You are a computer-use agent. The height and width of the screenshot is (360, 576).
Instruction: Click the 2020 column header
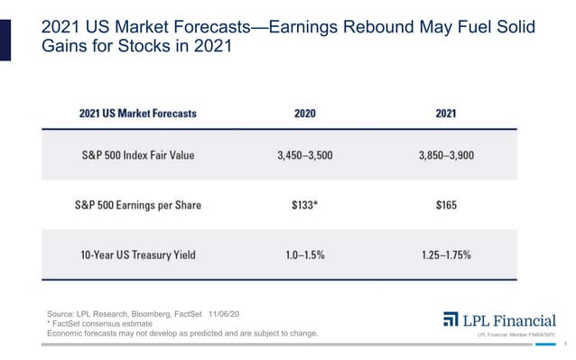click(304, 114)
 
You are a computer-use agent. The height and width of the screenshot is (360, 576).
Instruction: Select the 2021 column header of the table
click(445, 114)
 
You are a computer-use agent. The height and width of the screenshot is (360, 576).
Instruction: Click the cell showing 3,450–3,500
click(304, 155)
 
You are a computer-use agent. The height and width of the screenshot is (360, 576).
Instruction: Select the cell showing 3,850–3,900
click(445, 155)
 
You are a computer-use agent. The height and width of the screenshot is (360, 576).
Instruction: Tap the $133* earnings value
click(304, 205)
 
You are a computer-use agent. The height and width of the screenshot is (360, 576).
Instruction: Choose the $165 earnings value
click(445, 205)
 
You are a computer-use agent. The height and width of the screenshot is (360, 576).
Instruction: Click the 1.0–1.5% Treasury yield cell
click(304, 254)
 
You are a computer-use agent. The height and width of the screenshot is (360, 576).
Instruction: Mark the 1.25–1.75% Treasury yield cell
click(445, 254)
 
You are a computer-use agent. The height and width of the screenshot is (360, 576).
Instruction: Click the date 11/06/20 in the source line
click(230, 314)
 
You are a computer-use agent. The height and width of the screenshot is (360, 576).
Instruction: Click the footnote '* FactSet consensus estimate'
click(98, 324)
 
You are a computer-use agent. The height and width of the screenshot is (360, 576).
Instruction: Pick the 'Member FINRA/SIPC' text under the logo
click(534, 337)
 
